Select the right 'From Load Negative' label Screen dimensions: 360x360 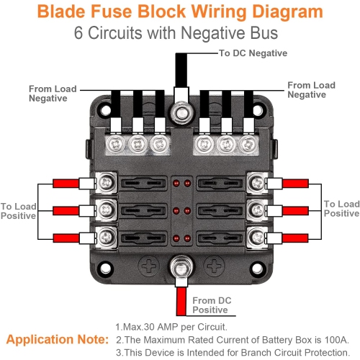tap(311, 90)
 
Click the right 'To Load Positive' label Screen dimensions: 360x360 tap(341, 209)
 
